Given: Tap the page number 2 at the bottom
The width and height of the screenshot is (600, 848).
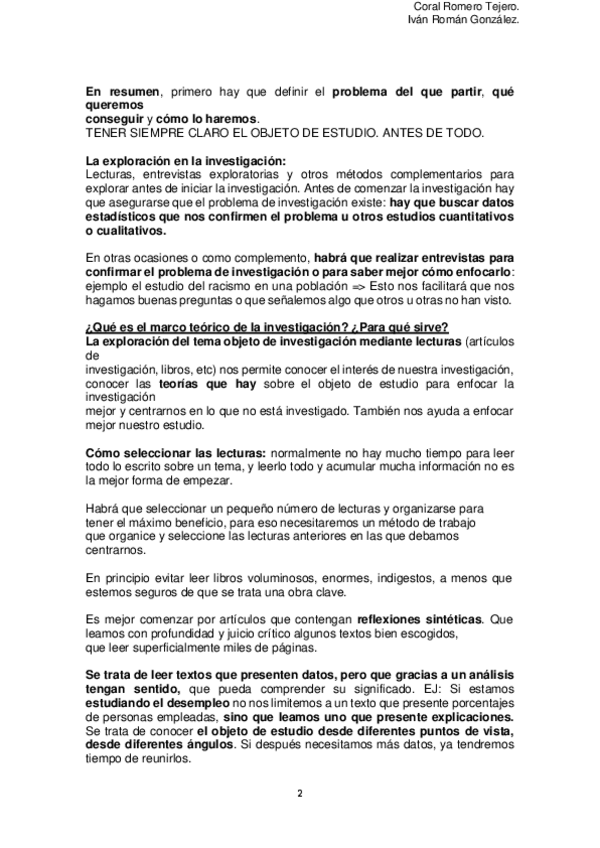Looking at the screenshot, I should tap(299, 795).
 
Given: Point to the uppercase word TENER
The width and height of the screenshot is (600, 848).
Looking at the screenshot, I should tap(105, 132).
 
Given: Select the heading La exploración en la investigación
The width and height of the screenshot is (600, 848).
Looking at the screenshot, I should tap(186, 160).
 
